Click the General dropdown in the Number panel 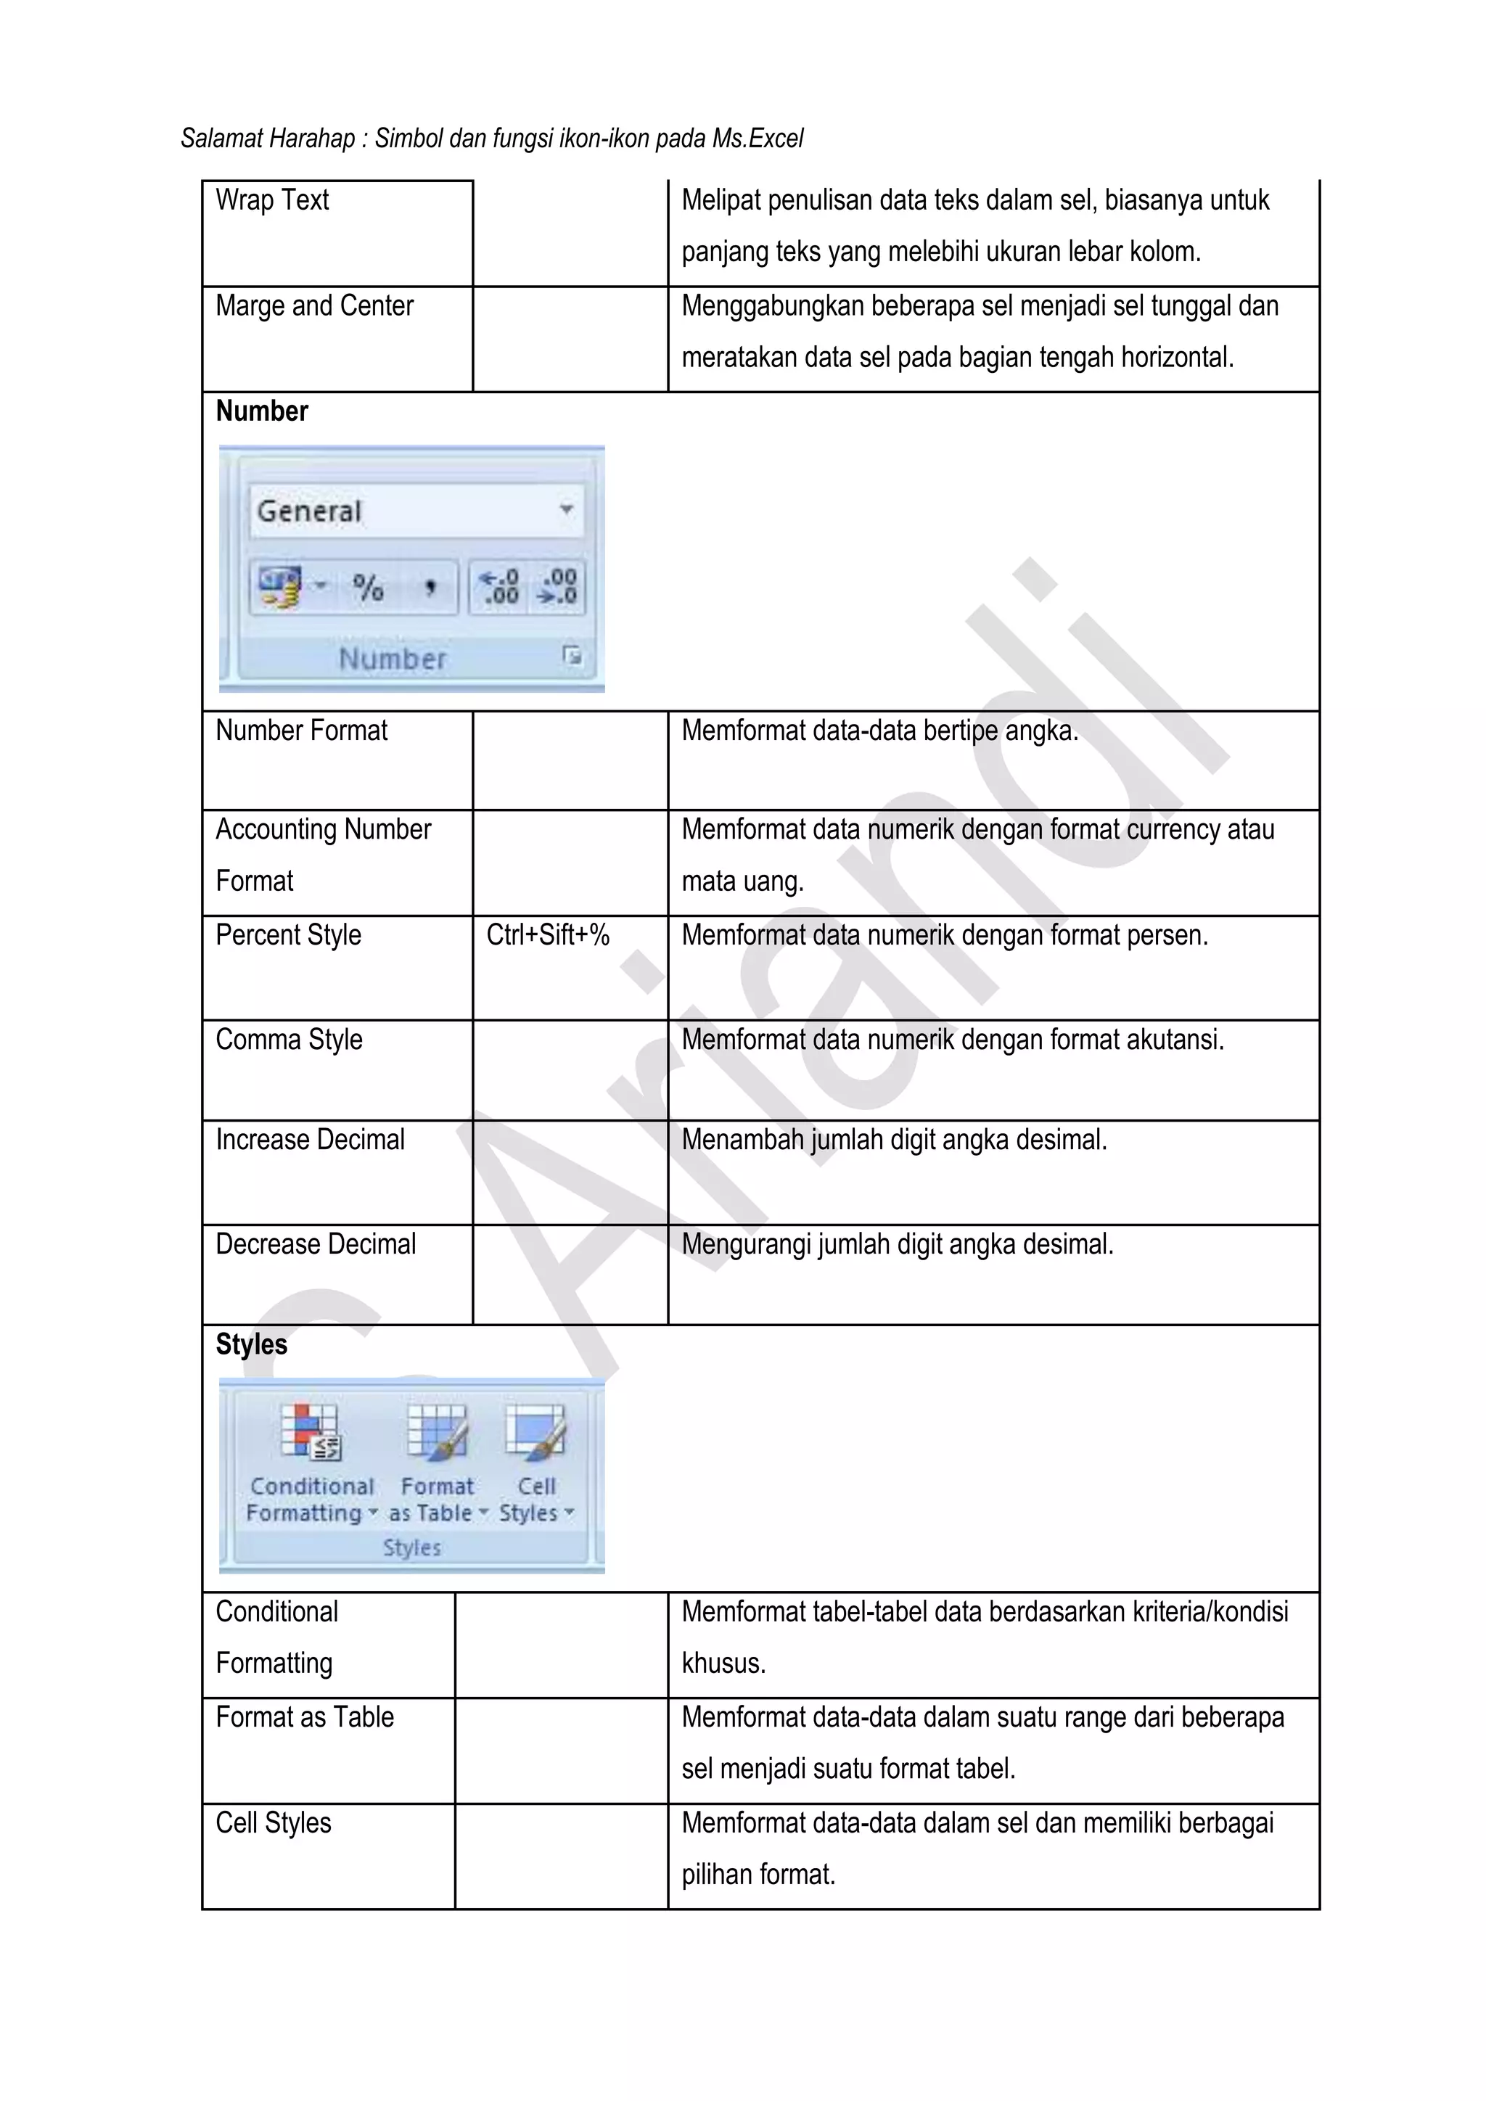coord(416,511)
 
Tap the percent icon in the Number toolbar coord(369,588)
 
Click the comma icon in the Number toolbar coord(429,588)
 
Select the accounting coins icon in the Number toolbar coord(280,588)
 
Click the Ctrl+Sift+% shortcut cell coord(547,935)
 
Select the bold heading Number coord(262,412)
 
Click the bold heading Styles coord(252,1344)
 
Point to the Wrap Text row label coord(272,200)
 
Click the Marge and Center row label coord(314,305)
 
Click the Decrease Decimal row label coord(315,1244)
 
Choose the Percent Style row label coord(288,935)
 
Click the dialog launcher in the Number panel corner coord(572,655)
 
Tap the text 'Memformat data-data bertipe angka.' coord(879,731)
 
